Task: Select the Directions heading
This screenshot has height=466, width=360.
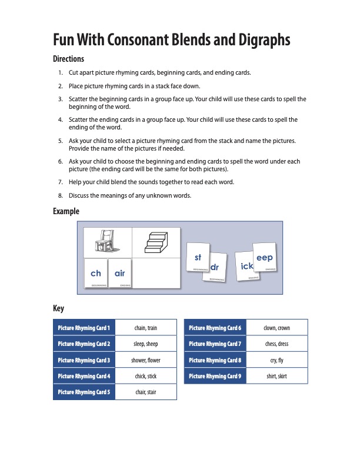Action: [x=69, y=59]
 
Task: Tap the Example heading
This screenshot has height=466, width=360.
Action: [x=66, y=211]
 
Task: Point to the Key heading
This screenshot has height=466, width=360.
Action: [x=58, y=308]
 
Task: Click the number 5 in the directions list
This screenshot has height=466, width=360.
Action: [x=61, y=141]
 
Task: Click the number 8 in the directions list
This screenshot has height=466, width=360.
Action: [x=61, y=195]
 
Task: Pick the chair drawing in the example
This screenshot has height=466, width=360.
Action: [x=108, y=242]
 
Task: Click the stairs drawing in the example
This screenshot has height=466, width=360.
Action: [x=156, y=242]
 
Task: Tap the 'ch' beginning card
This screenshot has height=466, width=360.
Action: [x=95, y=274]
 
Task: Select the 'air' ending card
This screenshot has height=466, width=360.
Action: [x=120, y=274]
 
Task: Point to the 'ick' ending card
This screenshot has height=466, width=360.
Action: [x=247, y=267]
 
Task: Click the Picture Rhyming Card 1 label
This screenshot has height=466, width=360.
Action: [x=84, y=328]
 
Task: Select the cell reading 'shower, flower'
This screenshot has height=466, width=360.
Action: [x=145, y=360]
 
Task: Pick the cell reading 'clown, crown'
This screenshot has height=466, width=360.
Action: [x=276, y=328]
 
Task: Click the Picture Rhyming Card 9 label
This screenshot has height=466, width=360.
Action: [x=215, y=376]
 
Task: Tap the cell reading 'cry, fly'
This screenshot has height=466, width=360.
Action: [x=276, y=360]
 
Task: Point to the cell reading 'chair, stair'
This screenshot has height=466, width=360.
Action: [x=145, y=392]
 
